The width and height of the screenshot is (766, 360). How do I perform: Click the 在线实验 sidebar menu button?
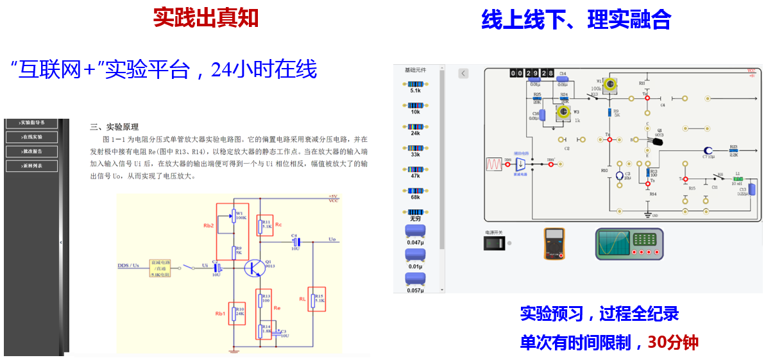pos(31,137)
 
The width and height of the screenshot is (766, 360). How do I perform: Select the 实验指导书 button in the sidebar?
pos(31,122)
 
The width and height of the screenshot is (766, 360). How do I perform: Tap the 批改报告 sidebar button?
pos(31,151)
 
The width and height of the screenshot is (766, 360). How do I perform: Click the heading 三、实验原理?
pos(114,127)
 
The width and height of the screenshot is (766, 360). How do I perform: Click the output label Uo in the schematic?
pos(332,239)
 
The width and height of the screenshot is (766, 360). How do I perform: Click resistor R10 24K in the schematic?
pos(237,314)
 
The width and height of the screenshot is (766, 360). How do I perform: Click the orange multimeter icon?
pos(554,243)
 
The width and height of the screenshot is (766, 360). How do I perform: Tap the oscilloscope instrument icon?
pos(627,243)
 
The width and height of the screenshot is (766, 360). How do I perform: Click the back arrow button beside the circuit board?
pos(463,74)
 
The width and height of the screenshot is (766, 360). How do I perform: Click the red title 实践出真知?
pos(205,18)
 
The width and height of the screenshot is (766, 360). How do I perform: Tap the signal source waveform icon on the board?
pos(494,164)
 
